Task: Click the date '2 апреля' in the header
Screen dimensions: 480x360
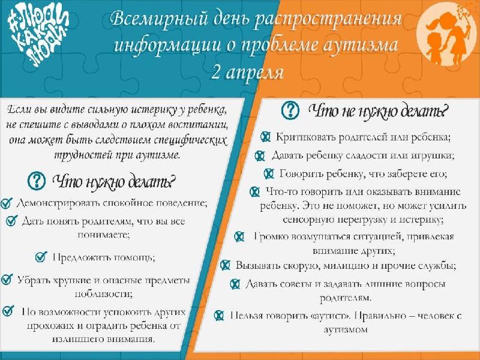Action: click(247, 73)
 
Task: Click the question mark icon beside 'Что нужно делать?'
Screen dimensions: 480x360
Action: click(36, 181)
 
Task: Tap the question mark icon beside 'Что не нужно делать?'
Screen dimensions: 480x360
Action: click(290, 110)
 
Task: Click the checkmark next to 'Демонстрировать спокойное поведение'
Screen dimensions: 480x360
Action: click(7, 203)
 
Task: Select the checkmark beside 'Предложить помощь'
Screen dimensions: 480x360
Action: click(41, 257)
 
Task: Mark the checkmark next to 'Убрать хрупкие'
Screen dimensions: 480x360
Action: click(7, 280)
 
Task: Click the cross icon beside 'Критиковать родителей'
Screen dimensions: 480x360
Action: click(265, 137)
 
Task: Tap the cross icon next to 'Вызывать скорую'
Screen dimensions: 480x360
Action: click(225, 265)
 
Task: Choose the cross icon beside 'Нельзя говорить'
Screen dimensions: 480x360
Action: click(219, 316)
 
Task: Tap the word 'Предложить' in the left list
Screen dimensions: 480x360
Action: click(78, 257)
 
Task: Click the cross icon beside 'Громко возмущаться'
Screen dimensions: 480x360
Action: click(239, 236)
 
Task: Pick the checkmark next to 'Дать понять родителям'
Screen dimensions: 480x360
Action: click(11, 220)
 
